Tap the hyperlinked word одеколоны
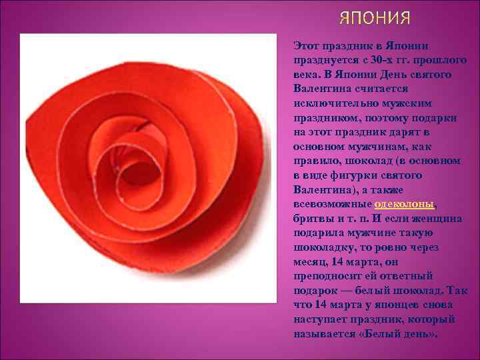click(405, 203)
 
